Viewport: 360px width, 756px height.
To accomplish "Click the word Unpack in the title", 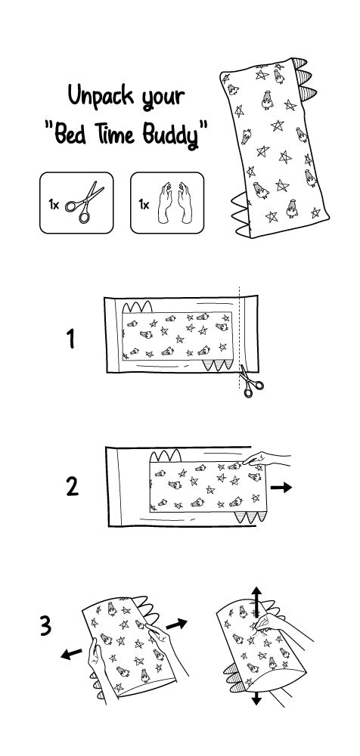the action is pyautogui.click(x=101, y=96).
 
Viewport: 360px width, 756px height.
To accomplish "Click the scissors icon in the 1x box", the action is pyautogui.click(x=85, y=203).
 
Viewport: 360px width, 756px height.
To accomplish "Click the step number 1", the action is pyautogui.click(x=71, y=339).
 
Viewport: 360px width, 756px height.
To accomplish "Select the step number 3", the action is pyautogui.click(x=45, y=626).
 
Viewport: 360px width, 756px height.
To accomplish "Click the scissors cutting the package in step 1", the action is pyautogui.click(x=251, y=381).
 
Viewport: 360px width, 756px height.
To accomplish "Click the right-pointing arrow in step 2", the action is pyautogui.click(x=281, y=488).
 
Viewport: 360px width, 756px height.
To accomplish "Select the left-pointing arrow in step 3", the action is pyautogui.click(x=71, y=653).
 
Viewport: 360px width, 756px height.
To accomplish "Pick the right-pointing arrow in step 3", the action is pyautogui.click(x=176, y=624).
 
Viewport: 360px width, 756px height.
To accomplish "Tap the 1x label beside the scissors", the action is pyautogui.click(x=54, y=204).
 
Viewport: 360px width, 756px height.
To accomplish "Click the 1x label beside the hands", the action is pyautogui.click(x=144, y=204).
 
